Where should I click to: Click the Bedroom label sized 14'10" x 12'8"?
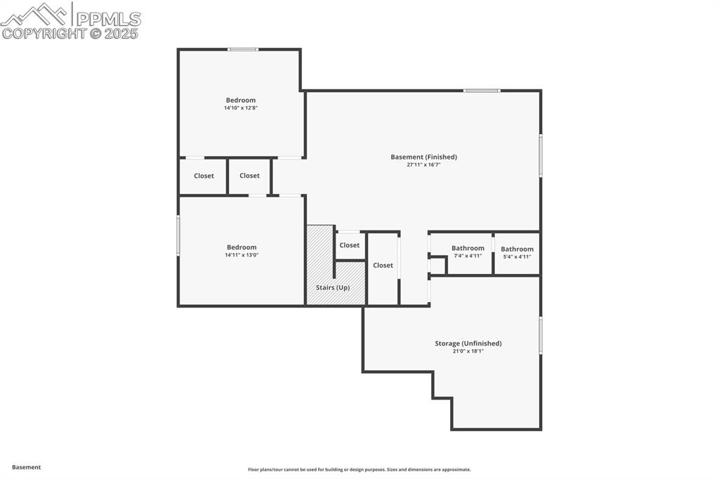coord(240,100)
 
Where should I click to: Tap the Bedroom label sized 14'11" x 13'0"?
coord(241,247)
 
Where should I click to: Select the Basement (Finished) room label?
coord(423,157)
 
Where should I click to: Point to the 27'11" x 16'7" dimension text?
coord(423,165)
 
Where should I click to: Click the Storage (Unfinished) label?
coord(468,343)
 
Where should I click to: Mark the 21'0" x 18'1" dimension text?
coord(468,351)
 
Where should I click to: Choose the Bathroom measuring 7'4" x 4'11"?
coord(468,249)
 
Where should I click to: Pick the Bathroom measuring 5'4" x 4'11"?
coord(517,249)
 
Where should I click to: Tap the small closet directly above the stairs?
coord(349,245)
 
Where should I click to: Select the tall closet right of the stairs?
coord(383,265)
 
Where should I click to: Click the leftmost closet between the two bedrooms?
coord(204,176)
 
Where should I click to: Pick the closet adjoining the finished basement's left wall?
coord(249,176)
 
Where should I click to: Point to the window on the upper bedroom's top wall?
coord(243,49)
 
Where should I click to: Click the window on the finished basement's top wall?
coord(482,91)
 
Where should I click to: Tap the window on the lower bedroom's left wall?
coord(178,235)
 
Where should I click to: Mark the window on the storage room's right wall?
coord(540,335)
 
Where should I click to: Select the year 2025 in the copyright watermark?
coord(122,33)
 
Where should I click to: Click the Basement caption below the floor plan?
coord(26,467)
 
